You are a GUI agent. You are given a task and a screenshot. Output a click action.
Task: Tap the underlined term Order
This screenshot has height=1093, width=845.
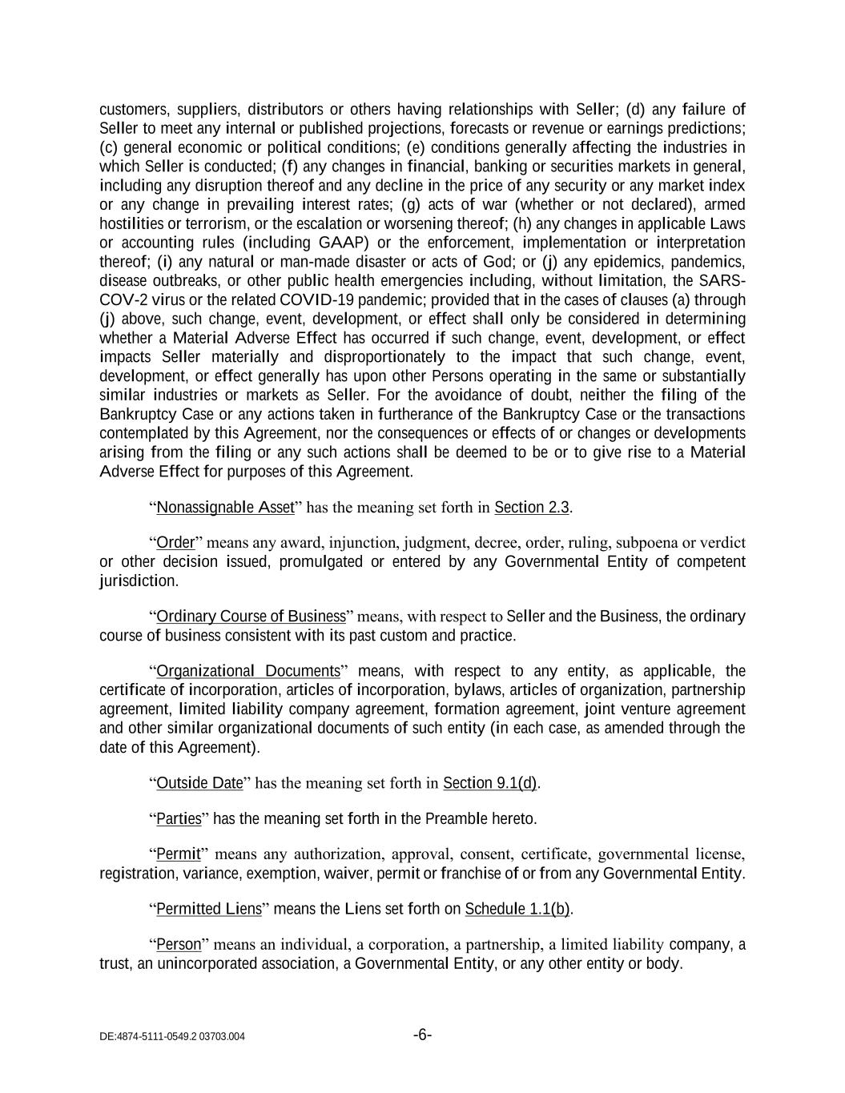point(175,543)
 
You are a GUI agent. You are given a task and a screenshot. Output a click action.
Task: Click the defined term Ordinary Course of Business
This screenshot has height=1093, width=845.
point(251,617)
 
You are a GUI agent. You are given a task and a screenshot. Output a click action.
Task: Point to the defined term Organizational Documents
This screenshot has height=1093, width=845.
point(248,671)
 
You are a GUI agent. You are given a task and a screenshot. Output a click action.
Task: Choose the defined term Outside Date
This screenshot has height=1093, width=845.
point(199,783)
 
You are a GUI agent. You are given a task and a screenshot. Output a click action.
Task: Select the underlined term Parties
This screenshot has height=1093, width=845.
point(179,819)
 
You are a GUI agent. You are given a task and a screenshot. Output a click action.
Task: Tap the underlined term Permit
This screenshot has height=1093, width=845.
point(178,854)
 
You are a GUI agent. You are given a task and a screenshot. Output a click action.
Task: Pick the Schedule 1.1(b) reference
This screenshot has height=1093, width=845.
point(517,909)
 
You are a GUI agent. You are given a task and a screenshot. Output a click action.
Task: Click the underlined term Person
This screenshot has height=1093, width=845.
point(179,945)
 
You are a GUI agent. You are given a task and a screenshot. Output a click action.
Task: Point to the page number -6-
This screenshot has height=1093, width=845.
point(423,1035)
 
